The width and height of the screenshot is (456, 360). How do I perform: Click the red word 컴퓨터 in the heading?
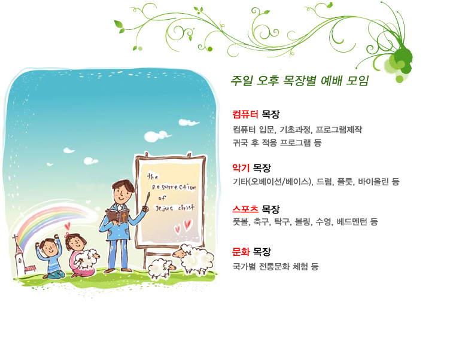245,114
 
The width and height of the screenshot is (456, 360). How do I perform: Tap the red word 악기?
241,167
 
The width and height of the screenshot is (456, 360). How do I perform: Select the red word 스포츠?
245,209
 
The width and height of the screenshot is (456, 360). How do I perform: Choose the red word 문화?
241,251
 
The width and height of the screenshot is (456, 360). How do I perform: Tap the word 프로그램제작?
339,129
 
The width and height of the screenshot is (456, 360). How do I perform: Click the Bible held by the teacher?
118,215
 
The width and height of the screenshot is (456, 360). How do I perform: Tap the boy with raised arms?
50,257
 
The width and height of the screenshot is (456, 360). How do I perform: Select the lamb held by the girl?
88,258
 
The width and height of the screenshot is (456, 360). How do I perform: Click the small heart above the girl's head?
68,225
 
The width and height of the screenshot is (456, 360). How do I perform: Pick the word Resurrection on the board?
174,187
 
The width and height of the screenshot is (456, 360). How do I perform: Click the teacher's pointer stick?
147,200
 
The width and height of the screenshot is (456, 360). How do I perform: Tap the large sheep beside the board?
194,259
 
